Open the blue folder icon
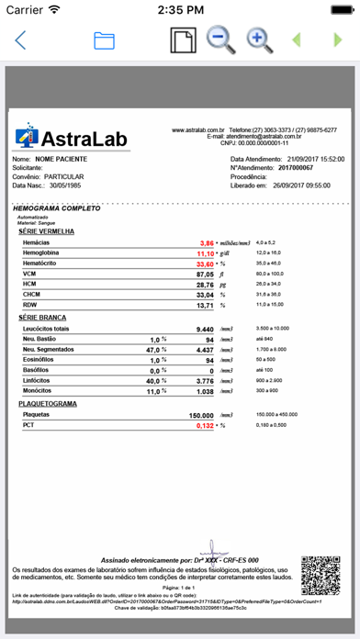[x=104, y=40]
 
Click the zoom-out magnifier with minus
[x=219, y=39]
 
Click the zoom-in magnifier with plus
[x=258, y=39]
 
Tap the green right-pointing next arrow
[x=337, y=40]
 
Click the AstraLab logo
[x=69, y=137]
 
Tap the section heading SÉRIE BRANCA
[x=42, y=316]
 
